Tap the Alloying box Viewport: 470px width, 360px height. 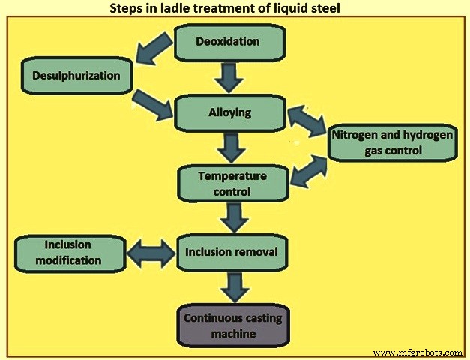click(229, 113)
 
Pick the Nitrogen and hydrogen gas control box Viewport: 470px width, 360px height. click(391, 142)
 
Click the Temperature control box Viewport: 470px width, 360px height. click(232, 184)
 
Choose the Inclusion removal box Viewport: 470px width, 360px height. click(231, 253)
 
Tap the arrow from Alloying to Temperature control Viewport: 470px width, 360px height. click(231, 147)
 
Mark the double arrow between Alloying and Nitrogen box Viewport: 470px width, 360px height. click(306, 120)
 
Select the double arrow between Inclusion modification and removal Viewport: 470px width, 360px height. click(151, 253)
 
